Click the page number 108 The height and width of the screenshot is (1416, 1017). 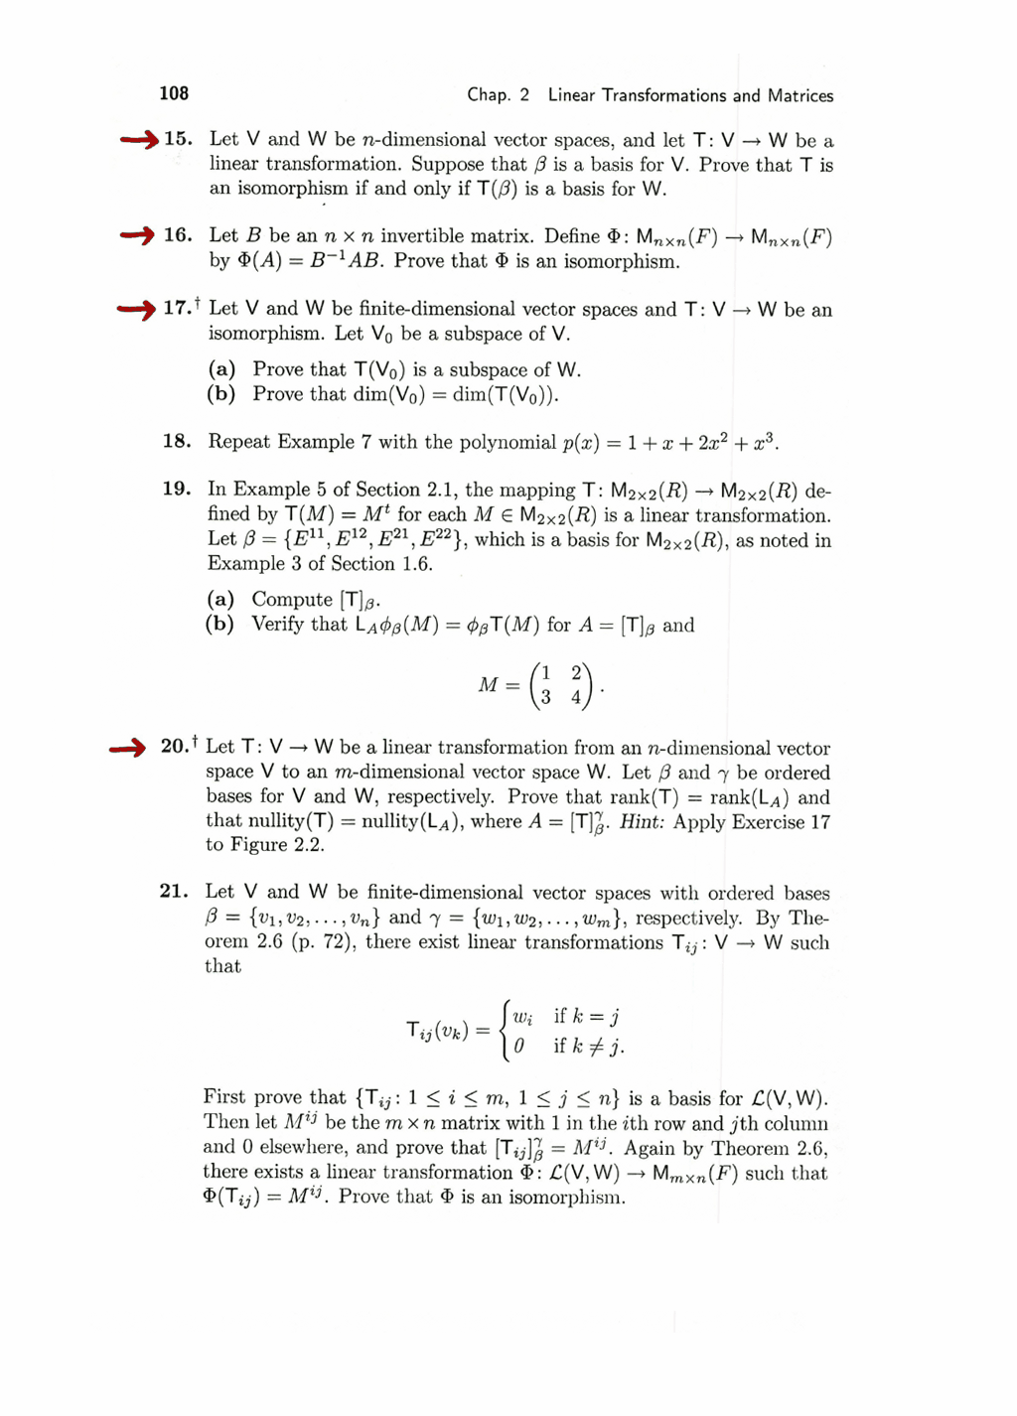(174, 93)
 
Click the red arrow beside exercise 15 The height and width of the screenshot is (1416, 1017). (139, 139)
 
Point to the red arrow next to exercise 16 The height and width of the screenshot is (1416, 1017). (137, 235)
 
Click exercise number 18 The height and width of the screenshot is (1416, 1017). (177, 441)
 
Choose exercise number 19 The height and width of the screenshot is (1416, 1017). (177, 489)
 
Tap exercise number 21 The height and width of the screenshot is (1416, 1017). (174, 891)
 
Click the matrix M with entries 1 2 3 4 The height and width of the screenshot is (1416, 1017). (562, 685)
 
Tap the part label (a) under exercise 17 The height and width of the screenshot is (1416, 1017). (221, 369)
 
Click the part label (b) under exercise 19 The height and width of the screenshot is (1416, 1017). (219, 625)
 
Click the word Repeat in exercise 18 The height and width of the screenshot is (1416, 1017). (238, 441)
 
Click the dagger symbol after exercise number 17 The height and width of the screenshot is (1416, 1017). (198, 301)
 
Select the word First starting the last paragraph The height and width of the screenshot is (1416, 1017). (224, 1097)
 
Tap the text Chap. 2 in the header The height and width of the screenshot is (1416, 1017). (499, 95)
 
